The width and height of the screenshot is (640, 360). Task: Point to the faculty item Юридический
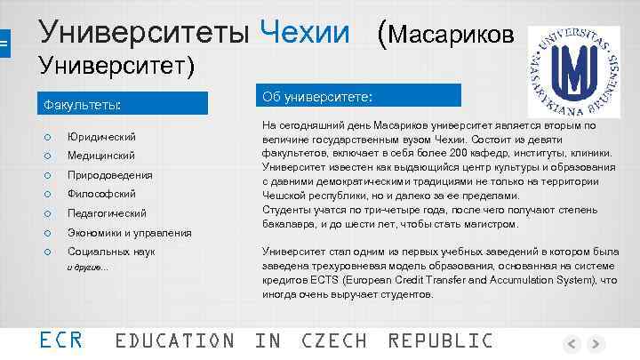coord(101,137)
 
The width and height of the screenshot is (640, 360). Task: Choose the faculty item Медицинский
coord(101,156)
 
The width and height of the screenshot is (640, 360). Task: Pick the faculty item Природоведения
coord(109,175)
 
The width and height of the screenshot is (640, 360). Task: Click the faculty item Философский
coord(101,194)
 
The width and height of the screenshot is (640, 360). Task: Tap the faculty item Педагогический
coord(107,213)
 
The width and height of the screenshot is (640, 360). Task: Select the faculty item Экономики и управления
coord(129,233)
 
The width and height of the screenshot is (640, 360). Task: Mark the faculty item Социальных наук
coord(111,252)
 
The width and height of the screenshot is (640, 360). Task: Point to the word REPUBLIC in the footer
coord(440,340)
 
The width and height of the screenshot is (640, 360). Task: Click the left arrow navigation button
coord(572,344)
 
